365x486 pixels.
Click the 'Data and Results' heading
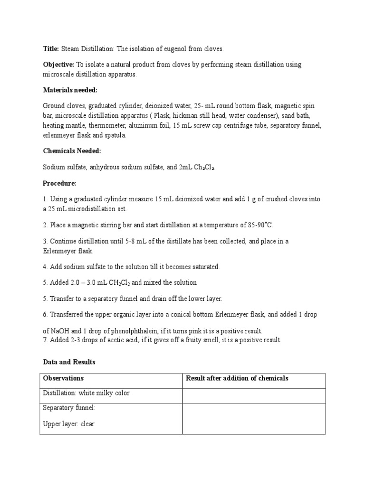[x=69, y=362]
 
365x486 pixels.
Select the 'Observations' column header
[x=63, y=378]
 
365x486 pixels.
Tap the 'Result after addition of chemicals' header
[x=237, y=378]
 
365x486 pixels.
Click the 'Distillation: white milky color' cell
[x=86, y=393]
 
